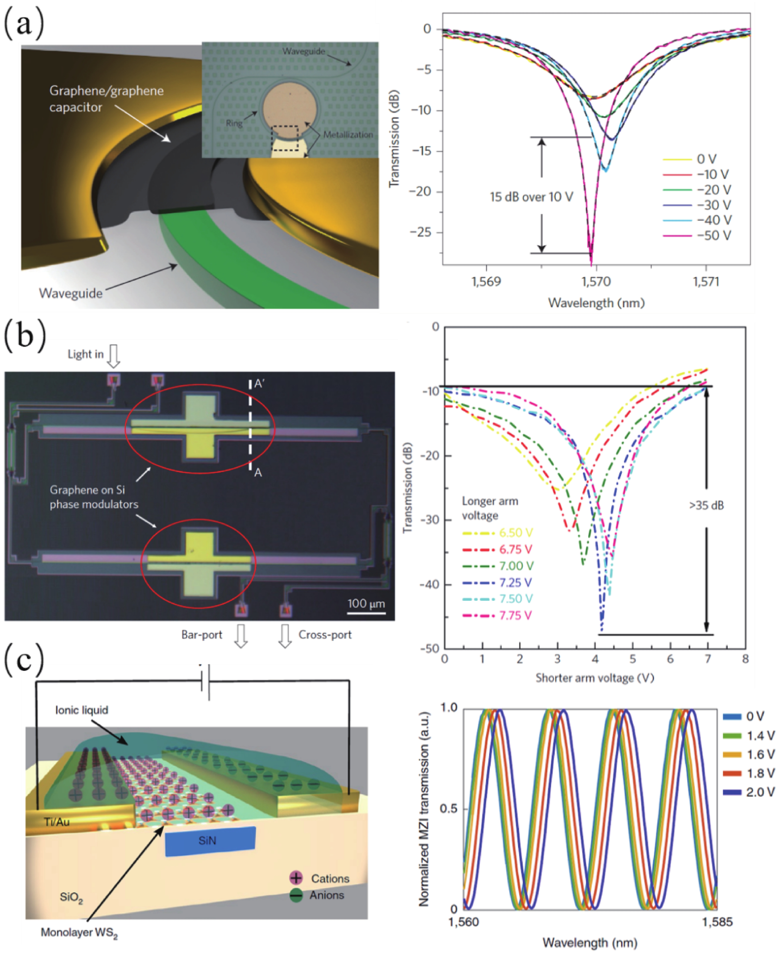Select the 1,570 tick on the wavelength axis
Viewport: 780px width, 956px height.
click(596, 282)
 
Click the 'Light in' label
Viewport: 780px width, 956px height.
click(85, 354)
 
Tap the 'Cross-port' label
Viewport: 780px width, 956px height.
click(325, 635)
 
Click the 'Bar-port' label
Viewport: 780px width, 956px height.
click(202, 635)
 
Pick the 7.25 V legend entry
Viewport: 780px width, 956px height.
click(515, 582)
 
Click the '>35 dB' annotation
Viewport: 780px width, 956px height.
click(706, 505)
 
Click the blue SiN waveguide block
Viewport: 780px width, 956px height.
click(210, 840)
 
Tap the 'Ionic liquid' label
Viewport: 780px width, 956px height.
click(82, 710)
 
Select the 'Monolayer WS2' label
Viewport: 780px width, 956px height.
click(79, 933)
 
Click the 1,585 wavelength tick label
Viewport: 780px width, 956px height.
click(717, 922)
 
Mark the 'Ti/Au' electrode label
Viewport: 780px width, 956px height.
click(57, 822)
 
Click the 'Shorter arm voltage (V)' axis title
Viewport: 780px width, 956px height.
click(595, 678)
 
